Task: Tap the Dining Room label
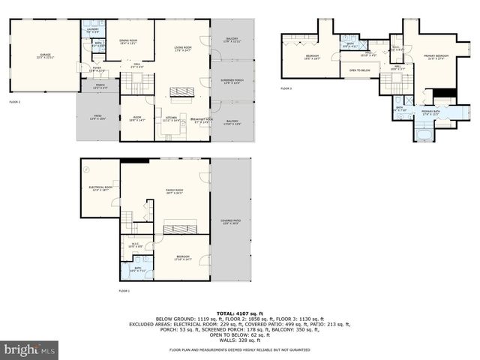(x=128, y=42)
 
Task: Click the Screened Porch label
(x=232, y=81)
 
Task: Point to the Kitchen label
(x=170, y=119)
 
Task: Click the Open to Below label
(x=359, y=70)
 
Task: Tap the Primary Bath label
(x=430, y=112)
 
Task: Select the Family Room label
(x=175, y=192)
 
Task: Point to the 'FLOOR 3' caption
(x=286, y=88)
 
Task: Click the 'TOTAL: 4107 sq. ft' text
(x=239, y=313)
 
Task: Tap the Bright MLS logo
(x=30, y=349)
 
